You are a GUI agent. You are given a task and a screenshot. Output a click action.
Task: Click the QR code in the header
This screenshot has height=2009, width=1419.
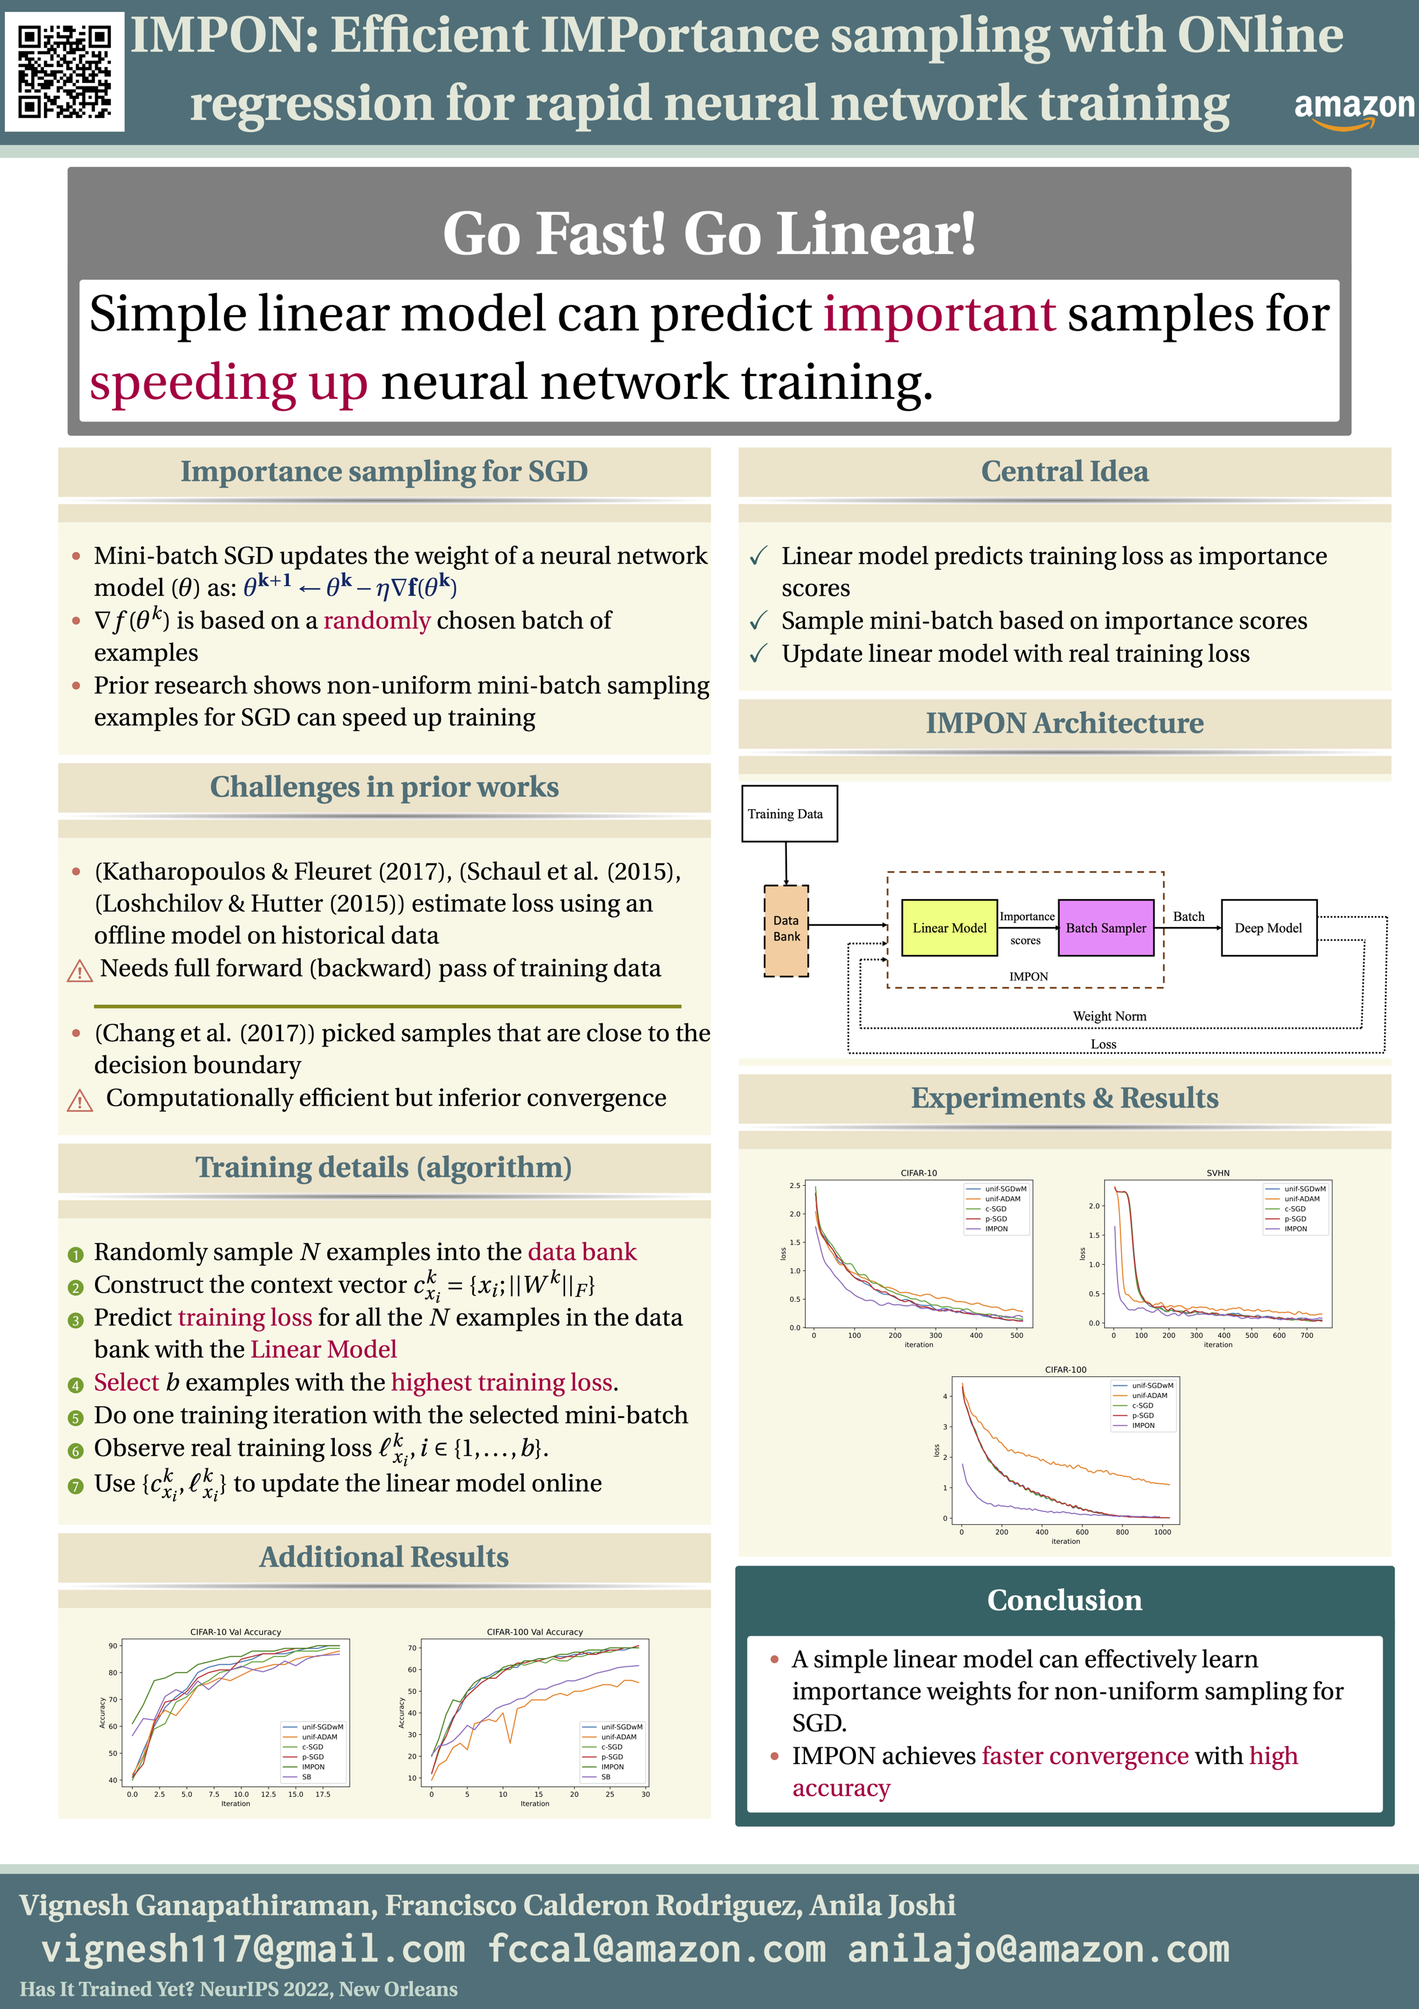tap(64, 72)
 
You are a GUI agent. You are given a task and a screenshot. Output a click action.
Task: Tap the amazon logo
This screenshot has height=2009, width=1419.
tap(1353, 110)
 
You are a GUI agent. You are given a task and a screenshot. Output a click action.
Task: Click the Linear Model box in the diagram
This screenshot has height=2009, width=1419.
tap(949, 928)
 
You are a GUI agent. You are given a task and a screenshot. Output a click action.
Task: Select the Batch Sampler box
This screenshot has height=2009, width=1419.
tap(1106, 928)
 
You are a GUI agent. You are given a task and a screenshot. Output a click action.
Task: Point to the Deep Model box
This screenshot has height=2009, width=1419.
tap(1268, 928)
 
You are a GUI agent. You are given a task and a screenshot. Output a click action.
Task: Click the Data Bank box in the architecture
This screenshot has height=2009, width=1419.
tap(786, 929)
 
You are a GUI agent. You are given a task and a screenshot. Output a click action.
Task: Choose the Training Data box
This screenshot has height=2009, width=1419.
tap(789, 814)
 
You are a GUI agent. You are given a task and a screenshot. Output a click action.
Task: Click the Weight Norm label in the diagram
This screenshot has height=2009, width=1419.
tap(1109, 1016)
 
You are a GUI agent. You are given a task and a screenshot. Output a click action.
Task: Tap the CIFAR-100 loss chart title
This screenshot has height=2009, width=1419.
tap(1065, 1369)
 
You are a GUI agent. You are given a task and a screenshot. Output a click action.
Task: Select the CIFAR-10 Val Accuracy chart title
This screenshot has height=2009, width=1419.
tap(235, 1632)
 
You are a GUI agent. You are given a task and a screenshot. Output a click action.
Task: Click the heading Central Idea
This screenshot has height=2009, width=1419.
tap(1064, 472)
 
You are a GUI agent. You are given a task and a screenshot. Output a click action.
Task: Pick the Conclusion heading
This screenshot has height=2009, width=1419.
tap(1064, 1600)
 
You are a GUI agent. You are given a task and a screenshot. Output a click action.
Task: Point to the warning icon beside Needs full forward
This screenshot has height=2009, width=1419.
tap(80, 970)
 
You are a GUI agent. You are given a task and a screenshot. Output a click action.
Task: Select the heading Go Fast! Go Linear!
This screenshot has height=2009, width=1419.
tap(709, 234)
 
